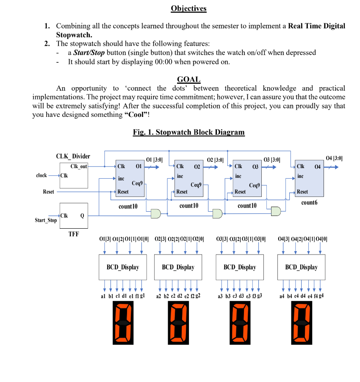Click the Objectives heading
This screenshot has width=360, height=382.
(x=188, y=8)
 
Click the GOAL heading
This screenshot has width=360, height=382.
(x=188, y=79)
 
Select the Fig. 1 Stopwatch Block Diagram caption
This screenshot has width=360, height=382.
(x=188, y=132)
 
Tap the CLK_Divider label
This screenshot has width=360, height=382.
(x=73, y=156)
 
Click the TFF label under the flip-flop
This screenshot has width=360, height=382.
(x=74, y=233)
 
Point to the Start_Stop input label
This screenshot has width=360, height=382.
(x=46, y=220)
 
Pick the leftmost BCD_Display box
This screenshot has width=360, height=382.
(x=122, y=267)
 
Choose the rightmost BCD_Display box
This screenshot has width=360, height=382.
(x=301, y=267)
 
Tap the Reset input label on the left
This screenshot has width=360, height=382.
(x=49, y=192)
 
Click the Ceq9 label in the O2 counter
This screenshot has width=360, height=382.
(x=196, y=185)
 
